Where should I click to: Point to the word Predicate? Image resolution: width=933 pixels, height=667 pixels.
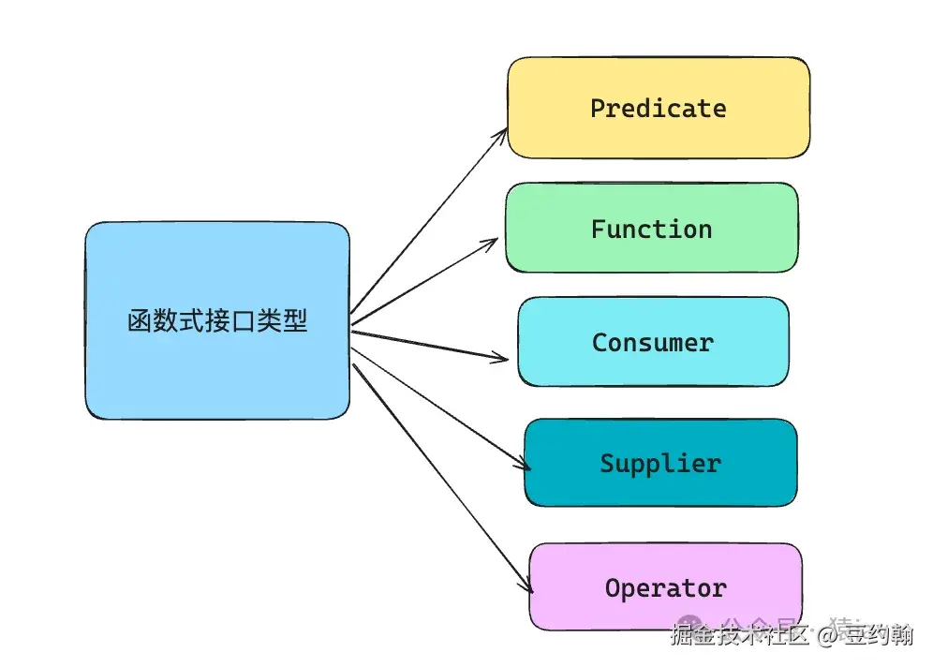click(x=658, y=109)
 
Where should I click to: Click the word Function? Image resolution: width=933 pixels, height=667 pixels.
click(x=651, y=230)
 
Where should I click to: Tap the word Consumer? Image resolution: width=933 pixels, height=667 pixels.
click(x=653, y=343)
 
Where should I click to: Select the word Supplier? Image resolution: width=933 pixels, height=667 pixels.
click(x=660, y=464)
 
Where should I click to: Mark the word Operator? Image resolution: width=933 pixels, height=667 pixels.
click(x=665, y=589)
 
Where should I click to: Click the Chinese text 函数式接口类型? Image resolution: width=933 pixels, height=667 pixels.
click(x=216, y=321)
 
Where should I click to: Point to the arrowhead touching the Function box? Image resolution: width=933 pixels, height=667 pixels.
click(x=492, y=241)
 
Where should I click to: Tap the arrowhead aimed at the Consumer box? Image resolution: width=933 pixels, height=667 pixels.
click(x=503, y=357)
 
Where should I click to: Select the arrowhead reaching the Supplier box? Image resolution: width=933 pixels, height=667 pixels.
click(x=525, y=465)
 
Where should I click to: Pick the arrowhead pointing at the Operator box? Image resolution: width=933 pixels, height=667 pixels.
click(x=528, y=587)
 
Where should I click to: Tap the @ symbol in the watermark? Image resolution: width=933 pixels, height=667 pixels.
click(x=826, y=635)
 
